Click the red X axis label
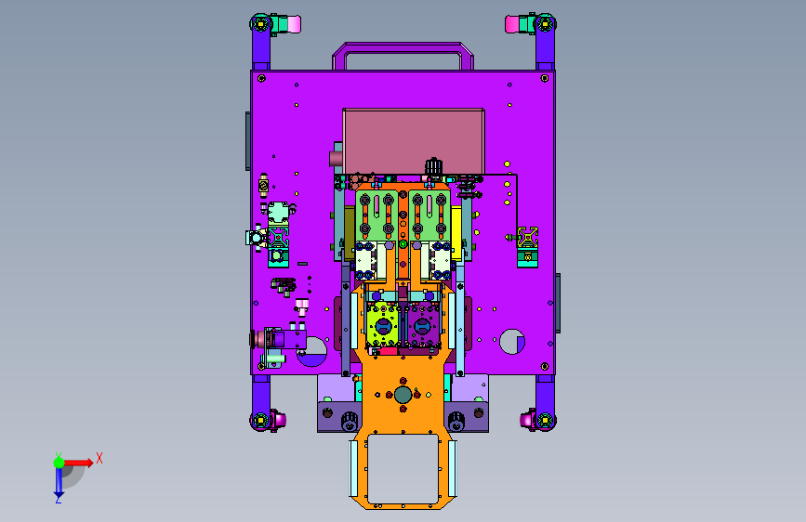coord(99,458)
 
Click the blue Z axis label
coord(58,499)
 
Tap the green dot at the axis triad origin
coord(59,463)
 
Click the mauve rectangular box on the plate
coord(414,141)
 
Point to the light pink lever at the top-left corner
coord(294,24)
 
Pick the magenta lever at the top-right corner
coord(512,24)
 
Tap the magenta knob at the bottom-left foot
coord(280,420)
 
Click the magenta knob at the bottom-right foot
coord(526,420)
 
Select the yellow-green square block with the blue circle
coord(383,325)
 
